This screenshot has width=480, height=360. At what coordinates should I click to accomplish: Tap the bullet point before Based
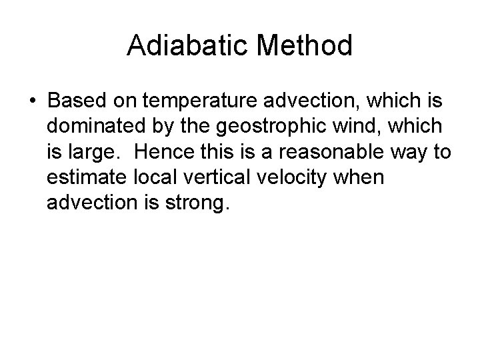tap(32, 101)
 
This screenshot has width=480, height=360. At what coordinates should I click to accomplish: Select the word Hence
tap(161, 152)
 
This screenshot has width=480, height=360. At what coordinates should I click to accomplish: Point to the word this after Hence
tap(211, 152)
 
